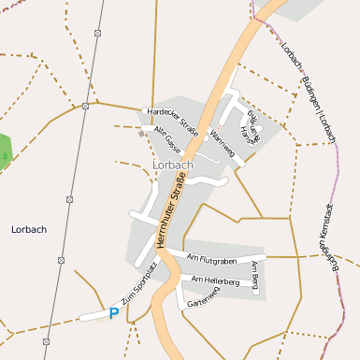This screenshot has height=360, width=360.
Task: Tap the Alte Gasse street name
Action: (167, 138)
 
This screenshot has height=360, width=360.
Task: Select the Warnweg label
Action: (223, 142)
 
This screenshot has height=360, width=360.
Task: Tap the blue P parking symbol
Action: (114, 313)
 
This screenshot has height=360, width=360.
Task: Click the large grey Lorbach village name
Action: (171, 166)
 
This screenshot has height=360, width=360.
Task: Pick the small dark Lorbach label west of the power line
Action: (28, 228)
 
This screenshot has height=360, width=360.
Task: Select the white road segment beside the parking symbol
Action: (94, 317)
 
